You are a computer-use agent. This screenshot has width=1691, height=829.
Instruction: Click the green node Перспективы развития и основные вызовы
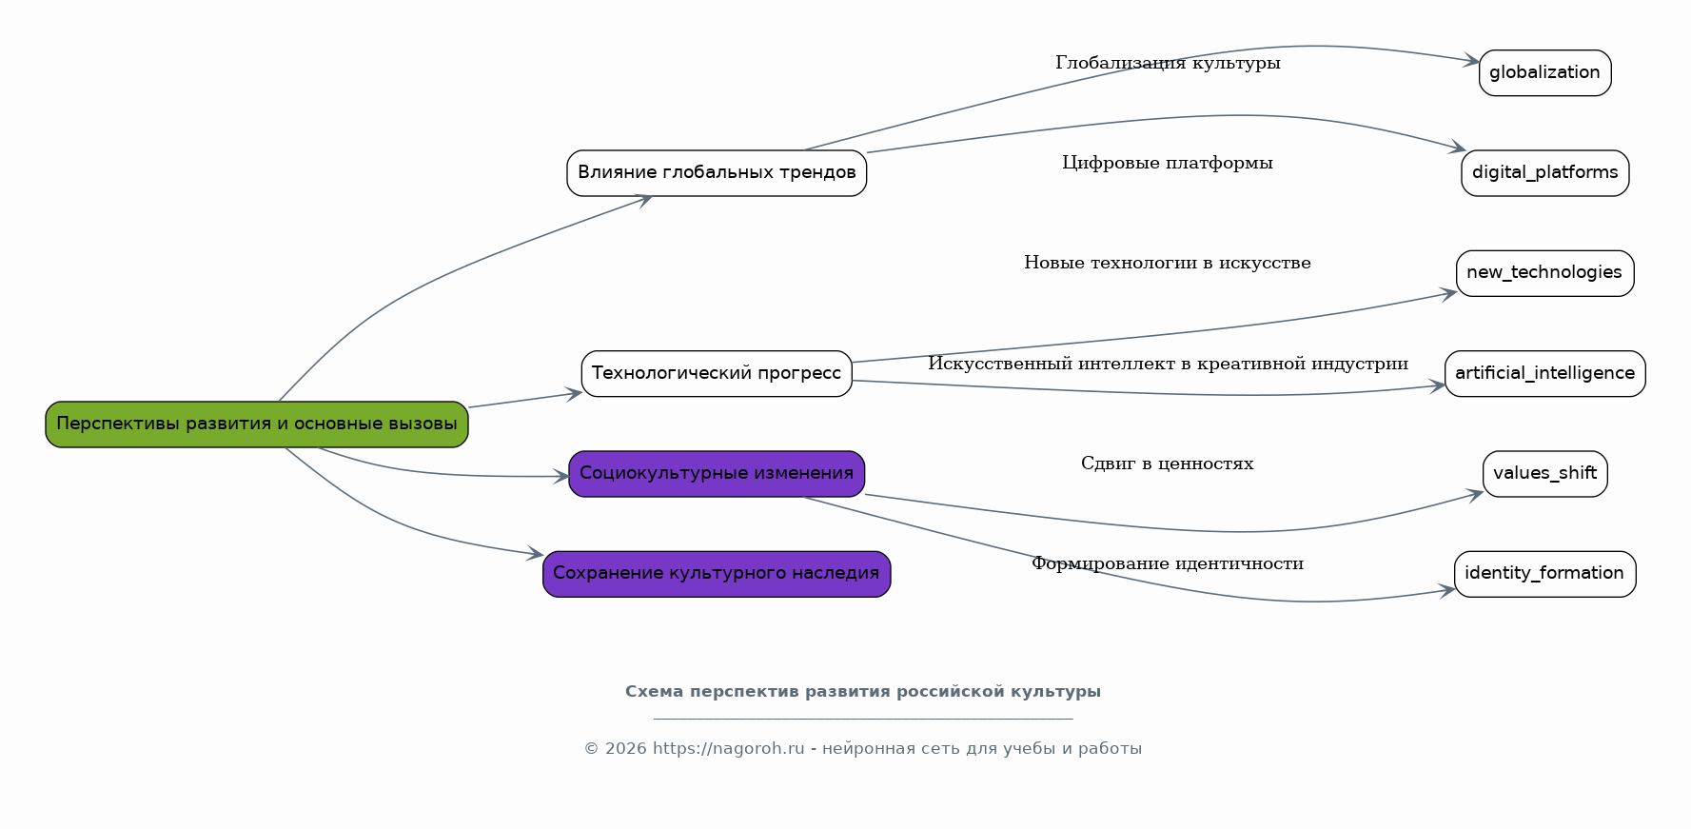pos(257,424)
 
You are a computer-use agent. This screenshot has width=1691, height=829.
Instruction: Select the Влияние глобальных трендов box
pos(717,173)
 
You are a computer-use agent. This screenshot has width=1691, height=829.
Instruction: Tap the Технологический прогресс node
pos(717,373)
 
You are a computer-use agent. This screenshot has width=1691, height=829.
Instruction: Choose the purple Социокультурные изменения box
pos(717,474)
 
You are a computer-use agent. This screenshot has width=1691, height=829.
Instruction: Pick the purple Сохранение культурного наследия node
pos(717,574)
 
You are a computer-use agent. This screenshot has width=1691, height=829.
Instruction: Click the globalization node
pos(1544,73)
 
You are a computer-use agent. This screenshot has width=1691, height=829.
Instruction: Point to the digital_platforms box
pos(1544,173)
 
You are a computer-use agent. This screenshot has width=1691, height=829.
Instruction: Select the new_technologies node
pos(1544,273)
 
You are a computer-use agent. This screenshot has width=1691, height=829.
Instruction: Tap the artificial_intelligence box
pos(1544,373)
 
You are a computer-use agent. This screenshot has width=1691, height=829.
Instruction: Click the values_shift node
pos(1544,474)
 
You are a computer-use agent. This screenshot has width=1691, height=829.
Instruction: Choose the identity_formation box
pos(1544,574)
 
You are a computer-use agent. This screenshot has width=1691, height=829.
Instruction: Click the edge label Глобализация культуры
pos(1168,64)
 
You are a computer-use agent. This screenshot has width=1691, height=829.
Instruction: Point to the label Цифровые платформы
pos(1168,164)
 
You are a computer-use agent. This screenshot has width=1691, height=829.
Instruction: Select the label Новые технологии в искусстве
pos(1168,264)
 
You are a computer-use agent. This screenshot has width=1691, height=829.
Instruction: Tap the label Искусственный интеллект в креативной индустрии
pos(1168,365)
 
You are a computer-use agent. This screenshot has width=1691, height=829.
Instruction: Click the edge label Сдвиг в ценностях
pos(1168,464)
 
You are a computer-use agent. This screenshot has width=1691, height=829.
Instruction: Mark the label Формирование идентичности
pos(1168,564)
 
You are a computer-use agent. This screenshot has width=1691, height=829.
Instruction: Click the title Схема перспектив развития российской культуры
pos(862,692)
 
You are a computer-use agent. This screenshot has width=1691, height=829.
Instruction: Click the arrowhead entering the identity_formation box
pos(1448,590)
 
